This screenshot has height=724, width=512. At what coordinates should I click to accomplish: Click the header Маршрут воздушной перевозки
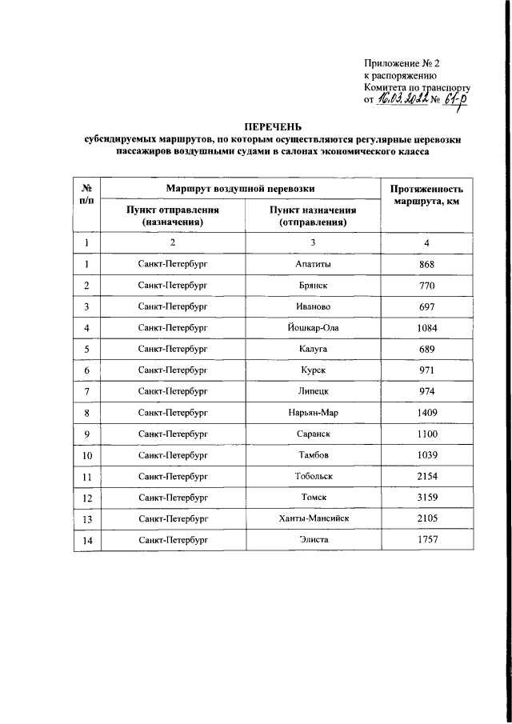tap(240, 188)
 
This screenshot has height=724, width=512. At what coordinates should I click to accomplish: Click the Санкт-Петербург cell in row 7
tap(172, 390)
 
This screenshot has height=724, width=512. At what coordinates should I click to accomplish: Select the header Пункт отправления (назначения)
tap(172, 215)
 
